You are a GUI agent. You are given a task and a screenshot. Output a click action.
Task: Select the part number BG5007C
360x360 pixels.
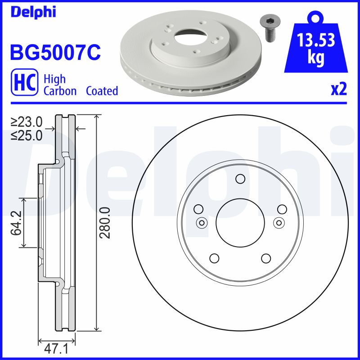click(55, 52)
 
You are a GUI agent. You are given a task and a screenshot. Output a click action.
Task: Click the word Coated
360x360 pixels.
click(102, 91)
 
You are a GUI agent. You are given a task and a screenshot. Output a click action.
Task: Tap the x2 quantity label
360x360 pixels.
click(339, 90)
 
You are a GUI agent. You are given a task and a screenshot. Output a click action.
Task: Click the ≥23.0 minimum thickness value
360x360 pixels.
click(27, 121)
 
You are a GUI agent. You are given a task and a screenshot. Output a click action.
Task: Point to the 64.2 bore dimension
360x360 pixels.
click(17, 223)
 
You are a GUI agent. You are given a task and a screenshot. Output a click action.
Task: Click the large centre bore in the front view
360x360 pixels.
click(240, 222)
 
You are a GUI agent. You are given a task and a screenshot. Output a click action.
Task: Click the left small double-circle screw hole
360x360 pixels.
click(201, 222)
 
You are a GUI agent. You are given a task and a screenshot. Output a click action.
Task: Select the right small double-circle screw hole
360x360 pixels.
click(279, 222)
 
